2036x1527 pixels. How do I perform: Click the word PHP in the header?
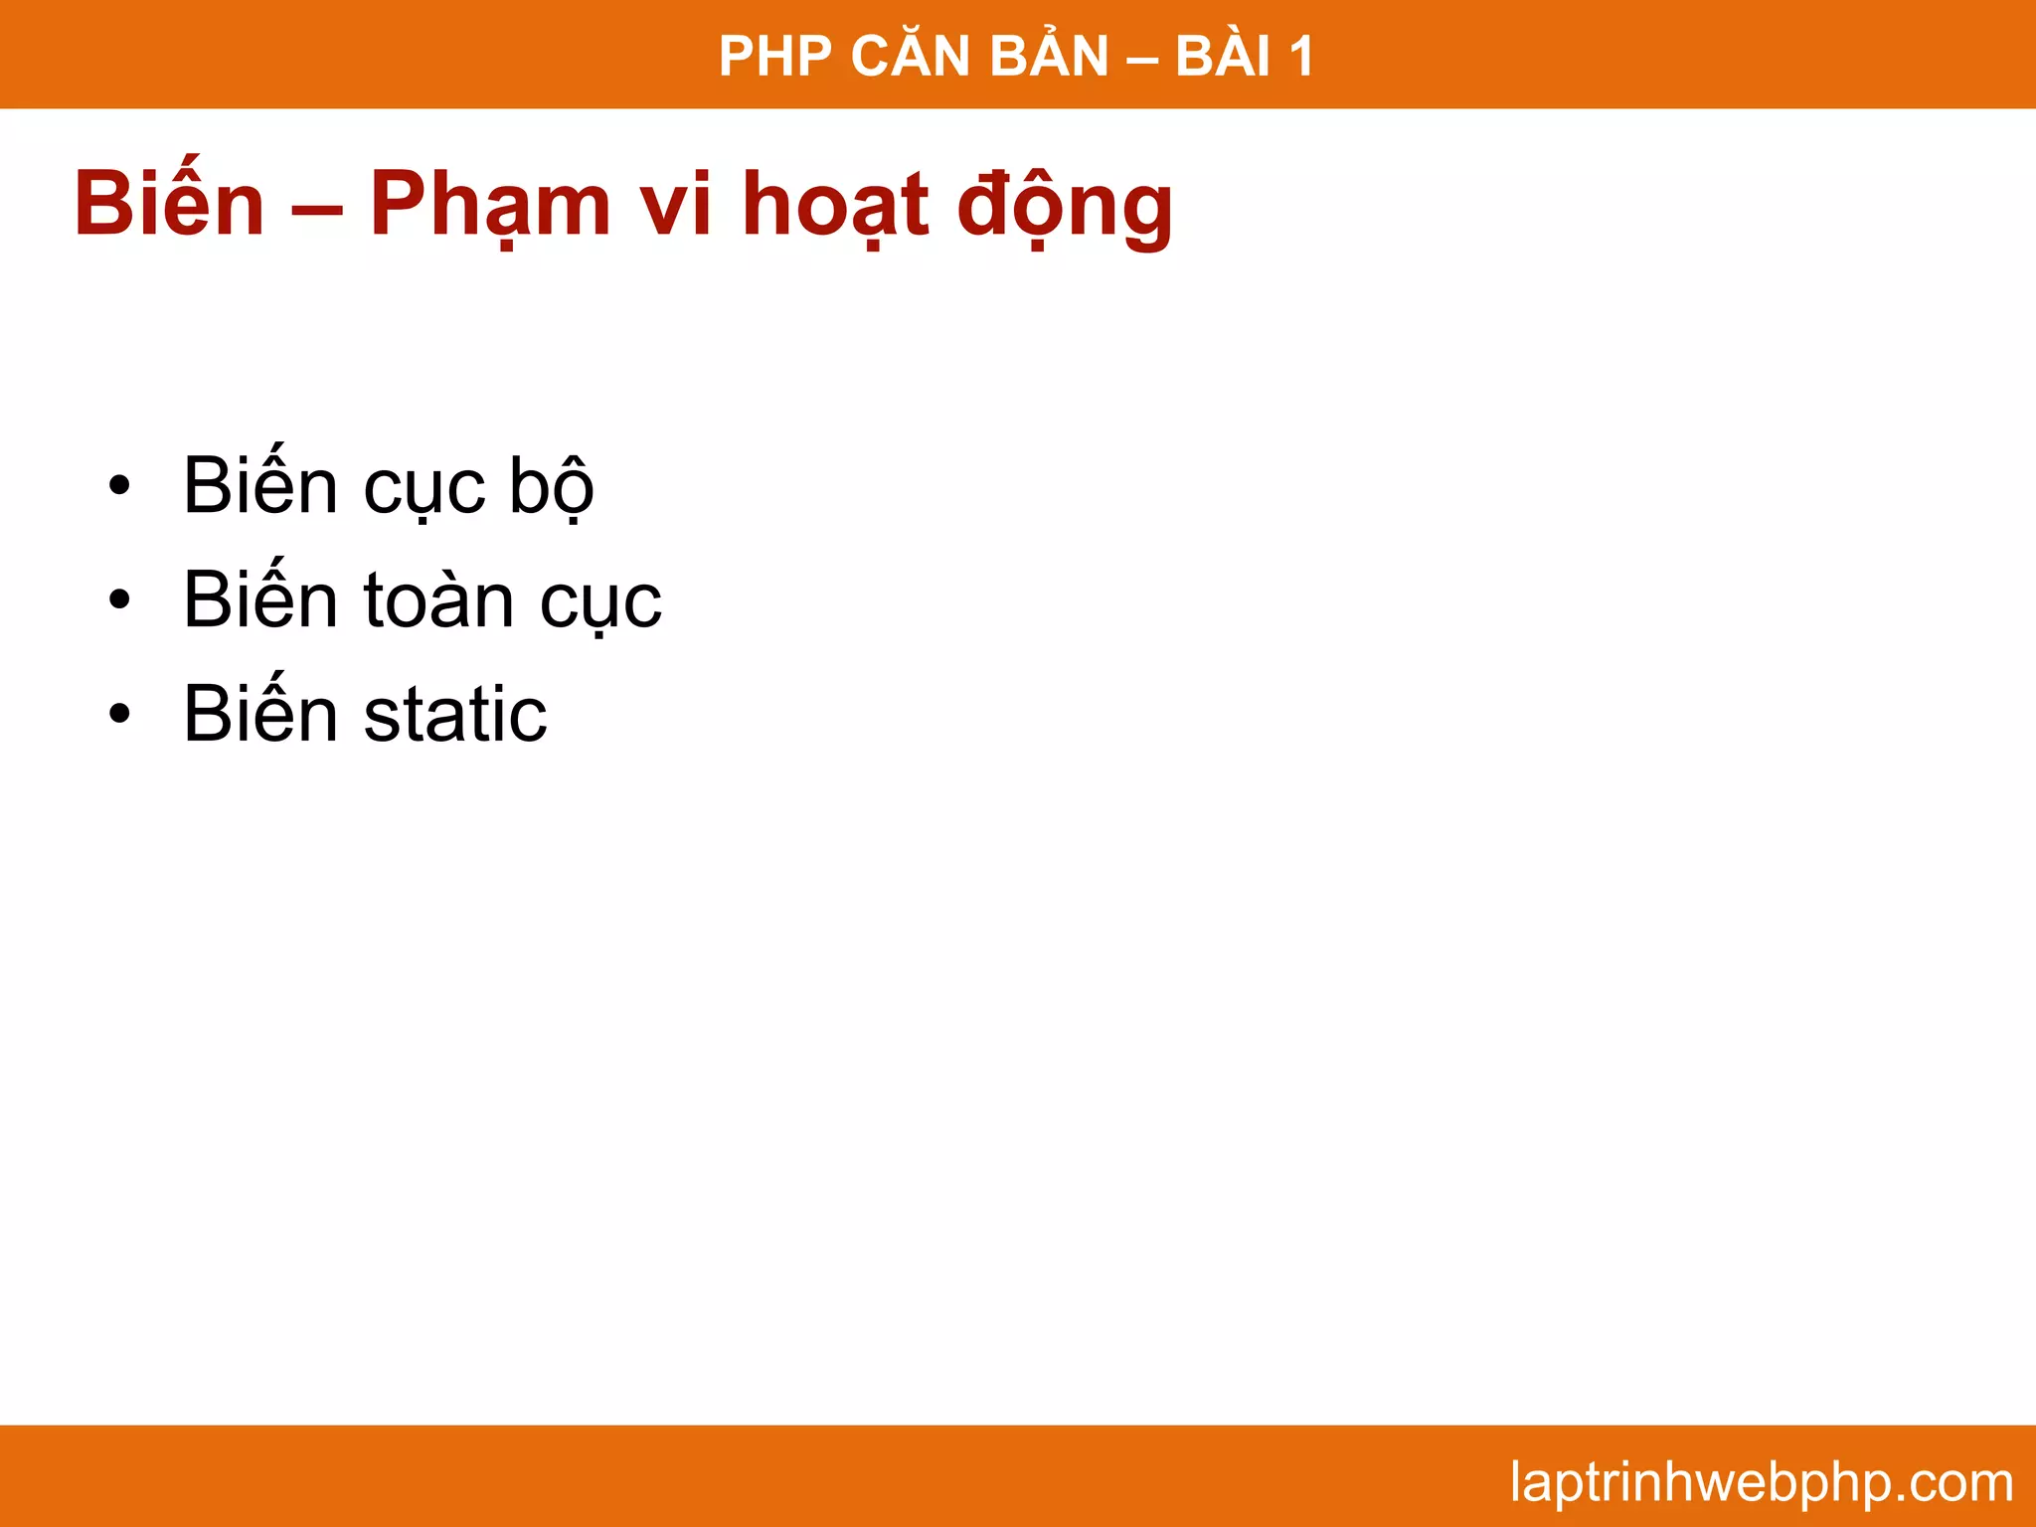pyautogui.click(x=774, y=57)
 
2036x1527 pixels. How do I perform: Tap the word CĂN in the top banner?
pyautogui.click(x=910, y=57)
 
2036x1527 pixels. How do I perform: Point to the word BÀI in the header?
pyautogui.click(x=1223, y=57)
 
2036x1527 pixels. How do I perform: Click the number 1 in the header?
pyautogui.click(x=1301, y=57)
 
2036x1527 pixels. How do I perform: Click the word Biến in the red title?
pyautogui.click(x=170, y=204)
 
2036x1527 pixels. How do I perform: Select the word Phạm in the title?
pyautogui.click(x=490, y=206)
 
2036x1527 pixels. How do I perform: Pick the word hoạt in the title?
pyautogui.click(x=835, y=206)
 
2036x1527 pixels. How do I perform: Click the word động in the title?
pyautogui.click(x=1065, y=206)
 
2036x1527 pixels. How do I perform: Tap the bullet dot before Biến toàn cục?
pyautogui.click(x=120, y=600)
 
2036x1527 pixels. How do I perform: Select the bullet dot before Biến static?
pyautogui.click(x=120, y=714)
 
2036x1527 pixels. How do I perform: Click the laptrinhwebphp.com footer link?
pyautogui.click(x=1761, y=1482)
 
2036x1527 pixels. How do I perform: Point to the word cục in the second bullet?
pyautogui.click(x=600, y=602)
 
